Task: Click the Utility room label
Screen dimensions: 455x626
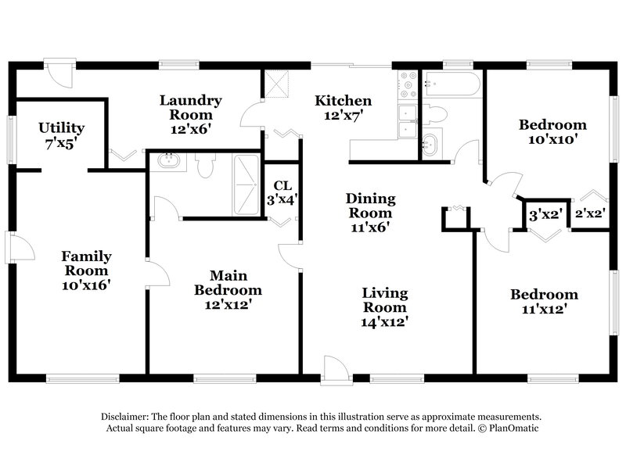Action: point(61,135)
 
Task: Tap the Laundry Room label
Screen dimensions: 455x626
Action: point(191,113)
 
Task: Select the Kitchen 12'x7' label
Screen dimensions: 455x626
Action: point(343,108)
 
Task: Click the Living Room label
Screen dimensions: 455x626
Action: point(384,306)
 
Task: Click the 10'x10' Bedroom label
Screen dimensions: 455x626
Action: point(553,132)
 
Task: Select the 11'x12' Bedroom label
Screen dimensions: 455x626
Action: point(544,301)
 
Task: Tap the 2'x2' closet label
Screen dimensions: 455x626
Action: point(589,213)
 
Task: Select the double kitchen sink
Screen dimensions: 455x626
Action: point(408,122)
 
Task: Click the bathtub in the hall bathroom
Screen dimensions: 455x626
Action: point(452,84)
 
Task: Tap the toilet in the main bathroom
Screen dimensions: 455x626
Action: point(207,165)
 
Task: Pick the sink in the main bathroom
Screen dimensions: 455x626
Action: point(169,162)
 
